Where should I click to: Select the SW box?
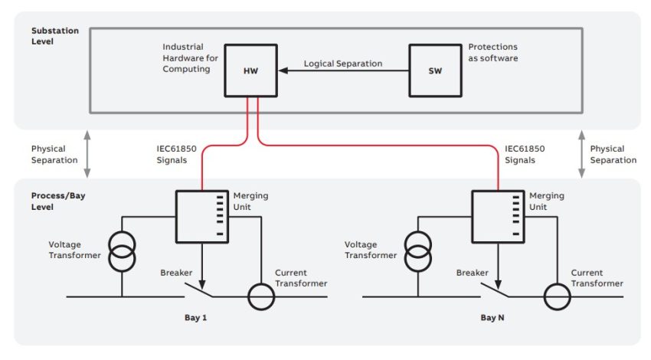coord(434,70)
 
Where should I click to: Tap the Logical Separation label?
coord(342,64)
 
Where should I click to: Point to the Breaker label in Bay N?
coord(472,273)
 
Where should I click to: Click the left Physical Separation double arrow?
coord(88,154)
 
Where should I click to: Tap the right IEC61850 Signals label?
coord(526,154)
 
